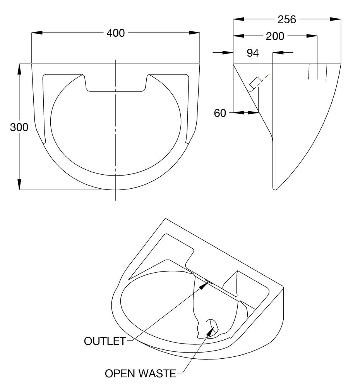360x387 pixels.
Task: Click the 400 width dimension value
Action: click(x=116, y=33)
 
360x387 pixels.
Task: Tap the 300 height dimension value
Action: click(x=19, y=127)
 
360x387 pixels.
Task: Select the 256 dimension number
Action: click(x=287, y=19)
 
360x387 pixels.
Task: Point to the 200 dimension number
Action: click(x=275, y=36)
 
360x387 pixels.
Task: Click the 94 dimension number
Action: click(x=253, y=53)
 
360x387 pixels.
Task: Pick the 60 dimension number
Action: click(x=220, y=113)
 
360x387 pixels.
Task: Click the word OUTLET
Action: click(x=105, y=341)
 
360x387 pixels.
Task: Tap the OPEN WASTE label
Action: click(x=140, y=373)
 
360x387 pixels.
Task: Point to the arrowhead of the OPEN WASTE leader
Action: click(x=210, y=331)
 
